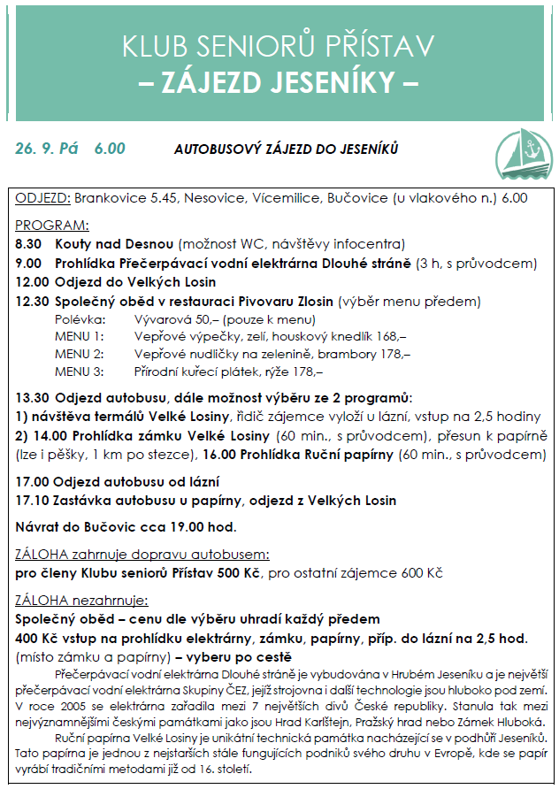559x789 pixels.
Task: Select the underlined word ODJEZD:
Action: [42, 198]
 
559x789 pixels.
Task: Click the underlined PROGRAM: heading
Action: [52, 225]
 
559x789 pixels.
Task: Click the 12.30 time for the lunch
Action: [32, 301]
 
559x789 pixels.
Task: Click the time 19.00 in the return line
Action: [179, 528]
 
